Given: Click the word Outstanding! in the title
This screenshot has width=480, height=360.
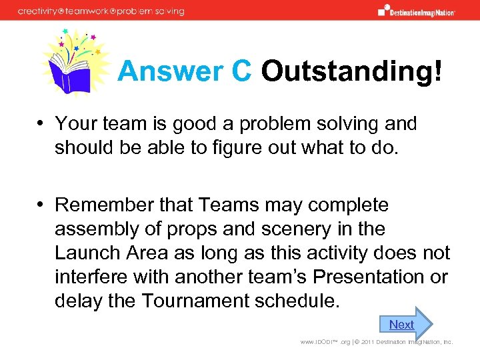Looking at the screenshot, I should [x=351, y=72].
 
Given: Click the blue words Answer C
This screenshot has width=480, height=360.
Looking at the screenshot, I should [x=184, y=72].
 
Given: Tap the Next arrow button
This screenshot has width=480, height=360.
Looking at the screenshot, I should [x=405, y=324].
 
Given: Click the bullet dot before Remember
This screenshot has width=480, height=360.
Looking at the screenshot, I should [x=41, y=205].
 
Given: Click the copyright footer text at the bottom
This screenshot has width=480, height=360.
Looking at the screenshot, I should [x=376, y=342].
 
